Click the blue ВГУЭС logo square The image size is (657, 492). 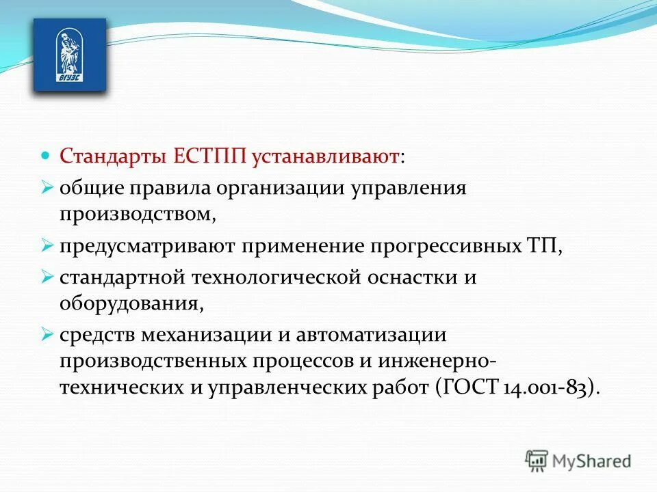pos(70,55)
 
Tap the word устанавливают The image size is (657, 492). pos(326,156)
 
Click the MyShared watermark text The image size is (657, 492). pos(593,461)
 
